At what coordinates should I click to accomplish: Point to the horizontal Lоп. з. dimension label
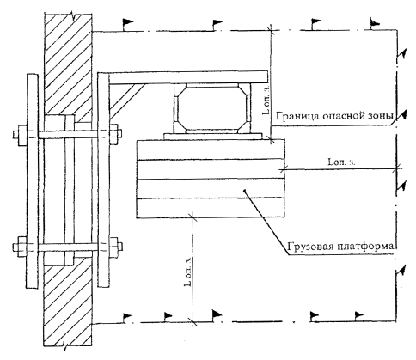pyautogui.click(x=341, y=162)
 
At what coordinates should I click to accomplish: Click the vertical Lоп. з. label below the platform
pyautogui.click(x=188, y=272)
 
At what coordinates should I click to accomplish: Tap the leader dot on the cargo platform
pyautogui.click(x=244, y=190)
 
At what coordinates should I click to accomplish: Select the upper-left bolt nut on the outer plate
pyautogui.click(x=22, y=135)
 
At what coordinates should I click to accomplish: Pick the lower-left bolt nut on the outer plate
pyautogui.click(x=22, y=247)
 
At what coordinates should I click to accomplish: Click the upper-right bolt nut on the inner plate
pyautogui.click(x=114, y=134)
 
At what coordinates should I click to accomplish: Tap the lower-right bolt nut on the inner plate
pyautogui.click(x=114, y=247)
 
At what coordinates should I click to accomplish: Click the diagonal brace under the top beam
pyautogui.click(x=127, y=101)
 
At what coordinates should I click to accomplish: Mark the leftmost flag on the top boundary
pyautogui.click(x=127, y=24)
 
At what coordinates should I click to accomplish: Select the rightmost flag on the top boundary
pyautogui.click(x=375, y=24)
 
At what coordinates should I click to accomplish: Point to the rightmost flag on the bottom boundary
pyautogui.click(x=358, y=316)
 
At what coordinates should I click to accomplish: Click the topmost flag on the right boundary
pyautogui.click(x=401, y=54)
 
